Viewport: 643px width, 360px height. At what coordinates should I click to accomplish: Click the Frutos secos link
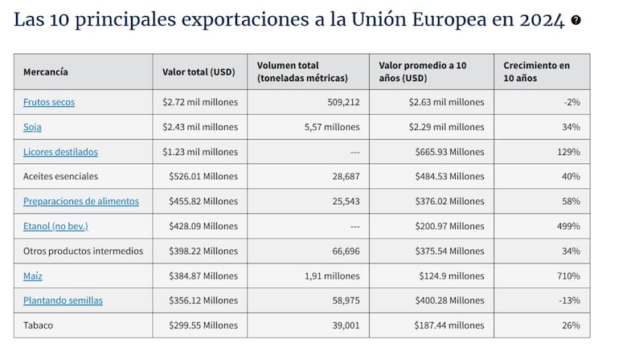(49, 102)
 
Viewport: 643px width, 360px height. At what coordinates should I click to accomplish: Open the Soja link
(33, 127)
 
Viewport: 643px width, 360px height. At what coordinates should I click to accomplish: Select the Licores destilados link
(60, 152)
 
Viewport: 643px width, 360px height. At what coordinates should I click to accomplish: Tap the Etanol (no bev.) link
(55, 226)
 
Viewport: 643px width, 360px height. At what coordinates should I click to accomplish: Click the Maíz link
(33, 276)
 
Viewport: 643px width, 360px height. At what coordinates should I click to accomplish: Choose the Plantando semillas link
(63, 301)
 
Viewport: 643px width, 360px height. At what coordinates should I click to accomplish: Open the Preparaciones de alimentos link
(80, 201)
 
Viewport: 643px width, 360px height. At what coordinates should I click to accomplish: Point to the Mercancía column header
(46, 72)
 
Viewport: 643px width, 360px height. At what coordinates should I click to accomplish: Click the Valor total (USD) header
(199, 72)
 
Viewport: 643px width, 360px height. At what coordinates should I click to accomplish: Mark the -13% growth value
(569, 301)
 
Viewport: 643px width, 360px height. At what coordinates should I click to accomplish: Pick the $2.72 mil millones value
(200, 102)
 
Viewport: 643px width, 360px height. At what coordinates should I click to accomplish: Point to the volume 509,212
(342, 102)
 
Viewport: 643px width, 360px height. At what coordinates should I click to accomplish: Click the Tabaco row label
(39, 325)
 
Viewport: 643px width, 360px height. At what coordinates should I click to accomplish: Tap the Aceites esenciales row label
(60, 176)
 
